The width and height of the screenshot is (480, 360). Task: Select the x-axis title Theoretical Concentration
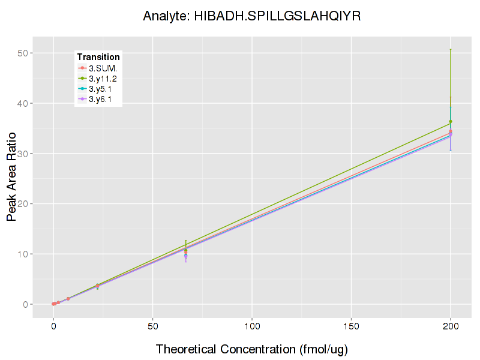point(252,349)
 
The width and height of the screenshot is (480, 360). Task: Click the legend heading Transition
point(98,57)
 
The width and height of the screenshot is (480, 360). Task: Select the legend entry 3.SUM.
point(103,68)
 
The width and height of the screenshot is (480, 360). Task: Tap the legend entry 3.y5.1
point(100,89)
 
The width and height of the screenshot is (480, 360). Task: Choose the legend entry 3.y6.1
point(100,99)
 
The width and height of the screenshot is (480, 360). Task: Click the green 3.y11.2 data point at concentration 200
point(451,122)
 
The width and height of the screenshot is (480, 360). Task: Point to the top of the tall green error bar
point(451,49)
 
